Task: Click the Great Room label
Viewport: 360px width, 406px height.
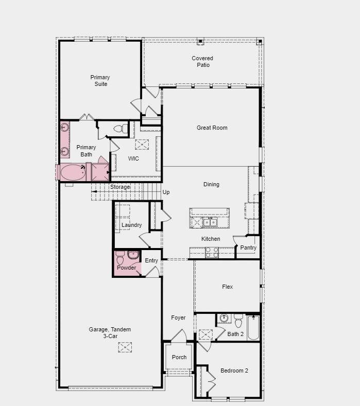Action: click(212, 128)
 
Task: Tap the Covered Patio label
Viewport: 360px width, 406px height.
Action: click(203, 62)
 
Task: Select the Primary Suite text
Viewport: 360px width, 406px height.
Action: click(100, 80)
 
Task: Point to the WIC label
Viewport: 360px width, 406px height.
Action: click(133, 158)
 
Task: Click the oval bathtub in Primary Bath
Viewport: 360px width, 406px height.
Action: click(73, 172)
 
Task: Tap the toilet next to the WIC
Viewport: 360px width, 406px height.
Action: click(121, 128)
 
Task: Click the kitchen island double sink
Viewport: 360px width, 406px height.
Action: click(210, 222)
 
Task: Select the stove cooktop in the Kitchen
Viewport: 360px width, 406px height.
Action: click(212, 253)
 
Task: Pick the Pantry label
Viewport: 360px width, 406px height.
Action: click(248, 248)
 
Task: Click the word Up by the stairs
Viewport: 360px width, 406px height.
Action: click(166, 192)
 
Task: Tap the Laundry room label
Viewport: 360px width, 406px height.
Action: click(132, 225)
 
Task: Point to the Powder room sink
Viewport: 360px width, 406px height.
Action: click(133, 255)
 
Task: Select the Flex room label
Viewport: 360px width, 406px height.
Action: click(228, 287)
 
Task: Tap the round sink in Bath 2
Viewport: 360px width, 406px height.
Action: click(224, 318)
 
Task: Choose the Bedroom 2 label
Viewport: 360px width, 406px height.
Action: click(234, 370)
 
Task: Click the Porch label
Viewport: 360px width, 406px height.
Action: click(179, 357)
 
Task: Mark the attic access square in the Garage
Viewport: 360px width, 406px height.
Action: click(125, 347)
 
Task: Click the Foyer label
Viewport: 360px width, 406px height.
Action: click(178, 317)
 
